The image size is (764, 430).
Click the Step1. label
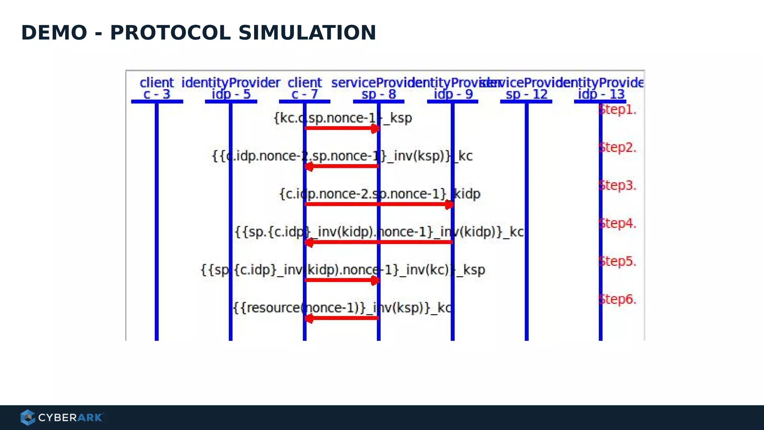coord(617,110)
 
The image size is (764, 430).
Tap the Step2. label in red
coord(617,148)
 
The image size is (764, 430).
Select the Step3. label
coord(617,186)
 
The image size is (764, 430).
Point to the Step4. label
coord(617,224)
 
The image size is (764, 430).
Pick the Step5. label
coord(617,261)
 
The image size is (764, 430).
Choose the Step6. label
coord(617,299)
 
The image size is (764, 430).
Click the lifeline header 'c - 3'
coord(157,94)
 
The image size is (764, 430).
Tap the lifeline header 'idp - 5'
coord(231,94)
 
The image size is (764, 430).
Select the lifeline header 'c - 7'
coord(304,94)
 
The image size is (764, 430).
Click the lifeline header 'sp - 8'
coord(379,94)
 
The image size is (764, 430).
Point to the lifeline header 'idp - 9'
coord(453,94)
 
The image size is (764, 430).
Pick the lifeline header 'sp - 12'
coord(526,94)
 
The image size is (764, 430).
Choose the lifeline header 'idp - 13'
coord(601,94)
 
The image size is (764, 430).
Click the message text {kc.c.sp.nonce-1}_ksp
coord(342,118)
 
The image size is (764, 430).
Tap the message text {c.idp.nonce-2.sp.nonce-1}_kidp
coord(380,194)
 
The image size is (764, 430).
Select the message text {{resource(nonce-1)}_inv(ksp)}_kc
coord(342,308)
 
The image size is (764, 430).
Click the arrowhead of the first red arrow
coord(375,129)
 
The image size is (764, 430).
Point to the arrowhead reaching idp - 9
coord(449,205)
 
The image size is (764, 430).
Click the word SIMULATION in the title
coord(307,33)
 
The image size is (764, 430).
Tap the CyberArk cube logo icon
coord(28,417)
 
